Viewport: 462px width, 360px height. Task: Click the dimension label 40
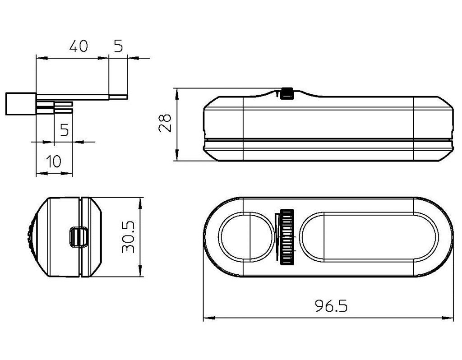[79, 46]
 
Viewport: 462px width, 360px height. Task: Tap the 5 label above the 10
[65, 129]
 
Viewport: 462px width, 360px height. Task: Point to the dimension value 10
[54, 161]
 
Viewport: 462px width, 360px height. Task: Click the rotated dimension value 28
[165, 123]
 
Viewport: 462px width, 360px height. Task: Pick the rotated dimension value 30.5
[128, 237]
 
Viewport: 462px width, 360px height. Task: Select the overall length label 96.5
[331, 306]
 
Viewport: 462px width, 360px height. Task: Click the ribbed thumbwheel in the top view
[287, 237]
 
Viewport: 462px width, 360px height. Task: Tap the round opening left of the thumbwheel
[247, 236]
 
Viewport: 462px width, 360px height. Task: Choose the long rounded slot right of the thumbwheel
[369, 236]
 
